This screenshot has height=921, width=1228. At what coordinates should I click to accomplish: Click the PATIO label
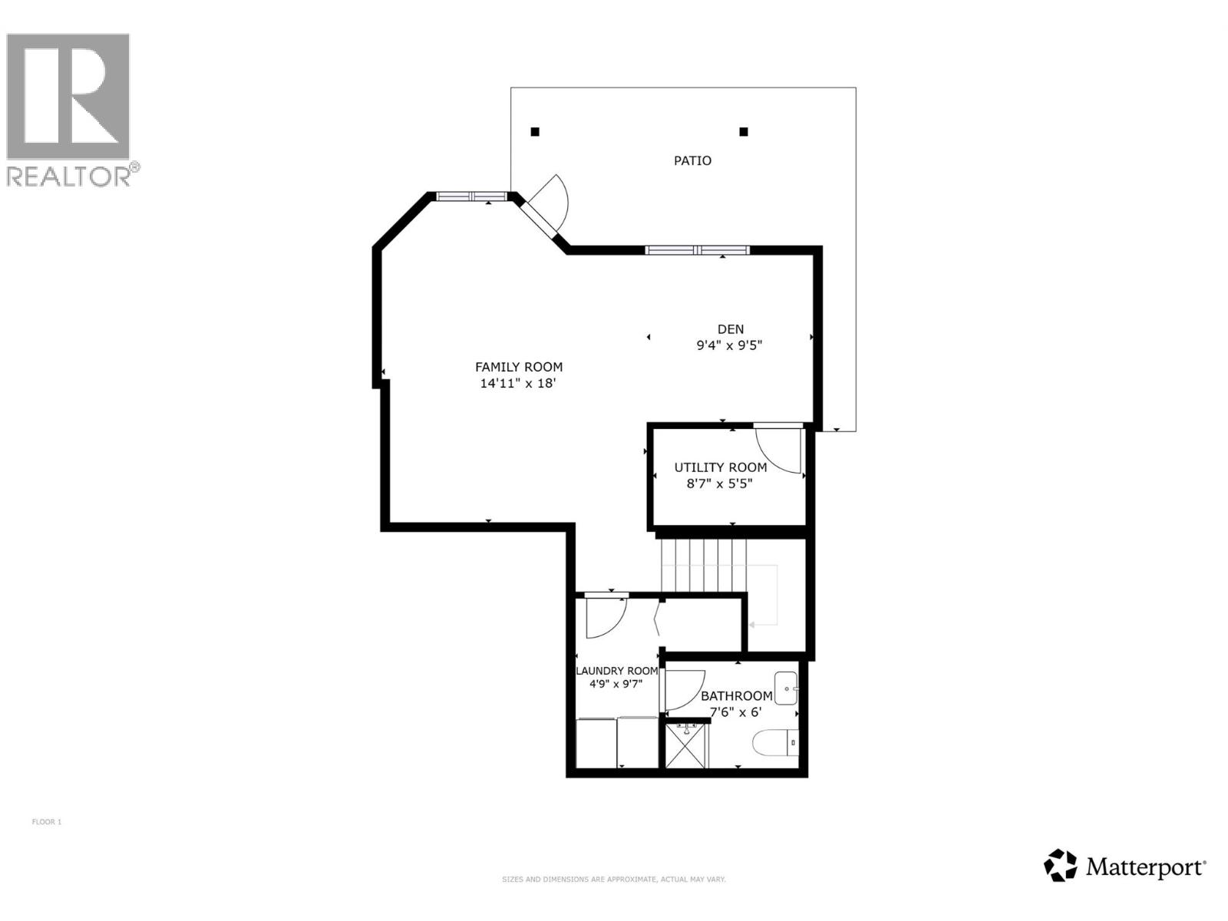(692, 160)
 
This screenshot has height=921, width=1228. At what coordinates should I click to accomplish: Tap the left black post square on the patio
(535, 132)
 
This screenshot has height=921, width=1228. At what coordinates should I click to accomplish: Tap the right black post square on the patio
(744, 132)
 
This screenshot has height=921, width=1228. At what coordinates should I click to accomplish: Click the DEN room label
(731, 329)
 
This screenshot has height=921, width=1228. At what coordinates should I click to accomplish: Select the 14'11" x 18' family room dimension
(517, 383)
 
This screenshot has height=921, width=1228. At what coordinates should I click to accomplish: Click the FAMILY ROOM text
(519, 367)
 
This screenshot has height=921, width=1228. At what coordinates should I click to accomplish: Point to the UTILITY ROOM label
(720, 467)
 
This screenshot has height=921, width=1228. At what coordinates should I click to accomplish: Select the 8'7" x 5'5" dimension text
(719, 484)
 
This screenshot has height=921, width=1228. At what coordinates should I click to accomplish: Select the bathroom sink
(786, 688)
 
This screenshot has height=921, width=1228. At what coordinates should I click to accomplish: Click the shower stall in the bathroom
(687, 745)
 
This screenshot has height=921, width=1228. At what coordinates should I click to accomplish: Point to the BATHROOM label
(736, 696)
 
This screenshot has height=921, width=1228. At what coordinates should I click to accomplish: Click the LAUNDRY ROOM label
(617, 671)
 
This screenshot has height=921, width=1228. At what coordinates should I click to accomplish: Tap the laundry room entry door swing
(605, 617)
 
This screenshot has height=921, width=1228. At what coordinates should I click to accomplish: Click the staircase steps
(703, 565)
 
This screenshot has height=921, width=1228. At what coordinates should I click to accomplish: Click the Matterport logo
(1124, 867)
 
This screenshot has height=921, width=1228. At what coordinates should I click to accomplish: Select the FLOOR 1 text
(46, 822)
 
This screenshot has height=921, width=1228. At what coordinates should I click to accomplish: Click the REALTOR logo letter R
(69, 96)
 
